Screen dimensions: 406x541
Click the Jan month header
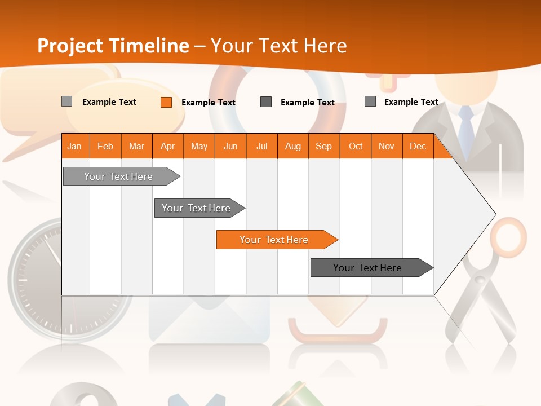(74, 147)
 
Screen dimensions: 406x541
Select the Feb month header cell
(105, 147)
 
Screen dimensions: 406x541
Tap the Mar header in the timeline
(136, 147)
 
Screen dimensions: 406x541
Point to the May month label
(199, 147)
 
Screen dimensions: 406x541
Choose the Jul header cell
(261, 147)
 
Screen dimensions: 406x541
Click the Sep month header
(323, 147)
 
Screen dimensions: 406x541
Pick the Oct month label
(356, 147)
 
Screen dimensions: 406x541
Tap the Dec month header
(418, 147)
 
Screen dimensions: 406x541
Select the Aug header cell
(292, 147)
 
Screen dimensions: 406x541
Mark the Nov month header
(387, 147)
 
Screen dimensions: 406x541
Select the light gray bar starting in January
(119, 176)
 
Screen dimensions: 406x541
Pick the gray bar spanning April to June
(197, 208)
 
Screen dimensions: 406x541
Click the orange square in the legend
(166, 102)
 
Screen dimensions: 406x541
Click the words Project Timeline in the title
(113, 46)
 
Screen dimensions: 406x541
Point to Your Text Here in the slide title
(278, 46)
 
